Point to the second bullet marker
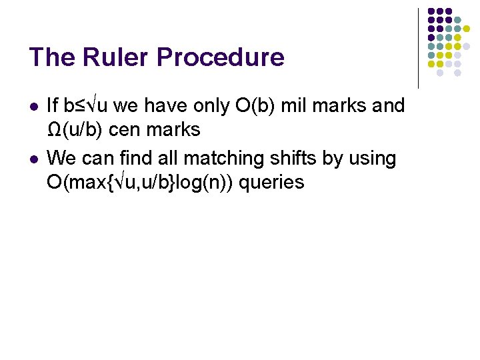35,159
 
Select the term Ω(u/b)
75,130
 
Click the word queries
271,182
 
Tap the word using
374,159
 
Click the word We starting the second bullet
61,159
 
